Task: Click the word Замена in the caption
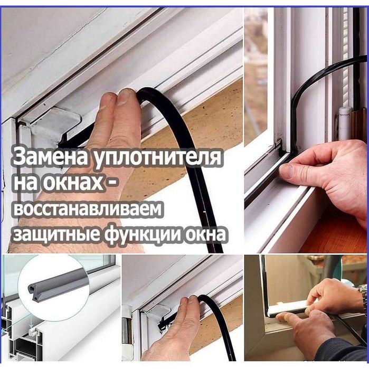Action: pyautogui.click(x=51, y=157)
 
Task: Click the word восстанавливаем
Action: pyautogui.click(x=87, y=209)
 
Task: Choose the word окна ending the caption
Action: pyautogui.click(x=206, y=234)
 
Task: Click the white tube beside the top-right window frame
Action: pyautogui.click(x=344, y=123)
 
